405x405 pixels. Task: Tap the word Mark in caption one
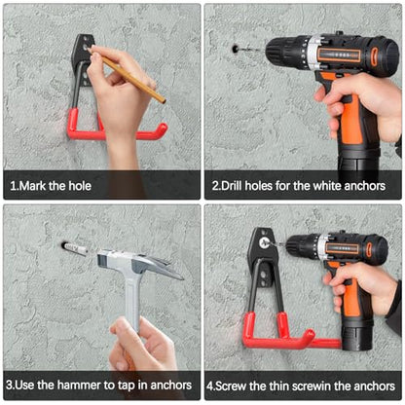[33, 186]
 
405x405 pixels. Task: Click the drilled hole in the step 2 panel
[235, 50]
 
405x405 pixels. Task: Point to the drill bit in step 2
[252, 50]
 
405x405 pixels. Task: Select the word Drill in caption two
[232, 186]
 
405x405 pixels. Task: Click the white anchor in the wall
[75, 249]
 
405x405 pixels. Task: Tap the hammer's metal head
[140, 264]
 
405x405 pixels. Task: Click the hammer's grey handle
[132, 301]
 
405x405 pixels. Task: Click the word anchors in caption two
[365, 186]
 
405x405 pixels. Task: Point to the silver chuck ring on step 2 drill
[313, 52]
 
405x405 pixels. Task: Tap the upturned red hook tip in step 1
[162, 130]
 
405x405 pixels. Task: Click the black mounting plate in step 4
[262, 256]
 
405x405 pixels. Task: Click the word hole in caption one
[79, 186]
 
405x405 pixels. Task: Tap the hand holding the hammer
[144, 344]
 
